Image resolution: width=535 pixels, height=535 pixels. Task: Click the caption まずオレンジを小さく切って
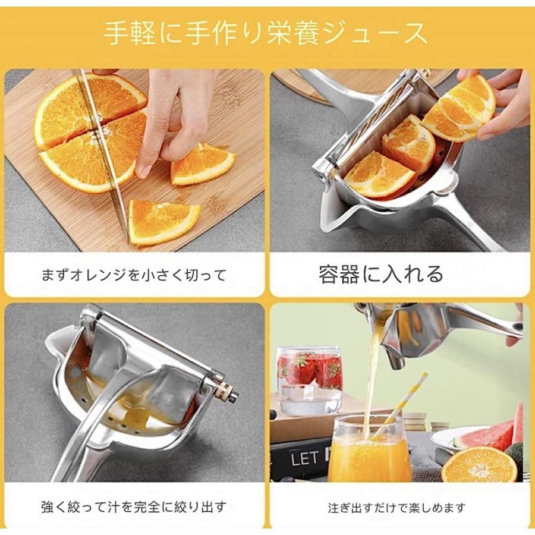[x=134, y=275]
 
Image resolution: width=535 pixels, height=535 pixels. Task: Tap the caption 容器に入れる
[x=381, y=273]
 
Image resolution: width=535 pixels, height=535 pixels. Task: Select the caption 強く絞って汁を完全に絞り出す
[x=134, y=507]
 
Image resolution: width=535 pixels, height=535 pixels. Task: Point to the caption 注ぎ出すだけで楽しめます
[x=397, y=508]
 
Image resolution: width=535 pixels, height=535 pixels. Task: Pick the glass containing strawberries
[x=309, y=377]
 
